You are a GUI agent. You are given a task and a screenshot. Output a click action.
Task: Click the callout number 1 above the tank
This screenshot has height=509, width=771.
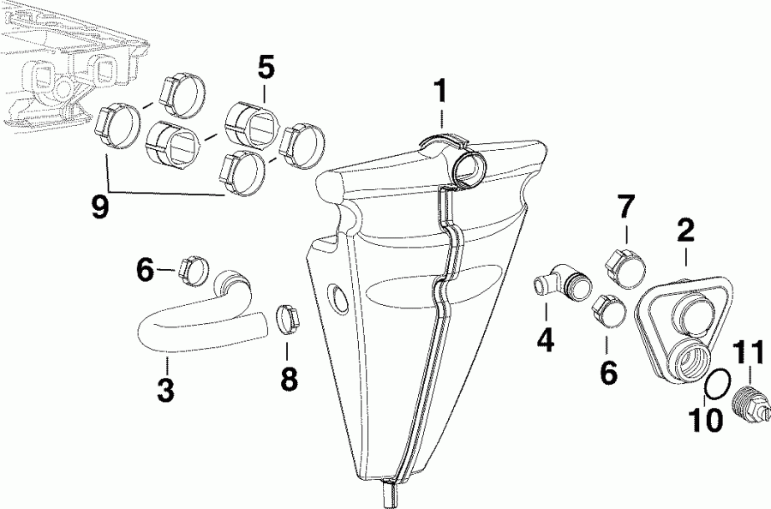tap(440, 90)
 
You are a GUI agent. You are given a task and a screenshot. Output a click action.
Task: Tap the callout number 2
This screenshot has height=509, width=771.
tap(685, 229)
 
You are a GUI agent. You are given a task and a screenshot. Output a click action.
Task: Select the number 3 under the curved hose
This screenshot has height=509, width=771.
tap(165, 389)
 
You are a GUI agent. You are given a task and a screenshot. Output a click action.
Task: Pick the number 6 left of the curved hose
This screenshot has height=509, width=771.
tap(146, 271)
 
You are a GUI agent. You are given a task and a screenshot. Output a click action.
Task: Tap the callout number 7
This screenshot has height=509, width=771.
tap(627, 207)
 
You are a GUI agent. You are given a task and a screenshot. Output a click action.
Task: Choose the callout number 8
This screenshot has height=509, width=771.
tap(290, 378)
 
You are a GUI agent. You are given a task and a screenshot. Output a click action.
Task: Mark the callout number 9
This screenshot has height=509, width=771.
tap(101, 207)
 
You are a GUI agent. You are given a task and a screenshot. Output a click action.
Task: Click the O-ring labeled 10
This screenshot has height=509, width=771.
tap(717, 386)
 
